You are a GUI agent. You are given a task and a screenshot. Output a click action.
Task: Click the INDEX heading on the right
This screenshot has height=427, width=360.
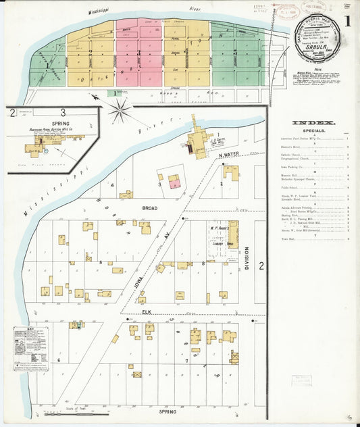[x=314, y=122]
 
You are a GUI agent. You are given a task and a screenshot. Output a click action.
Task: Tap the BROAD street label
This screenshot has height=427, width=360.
[x=150, y=209]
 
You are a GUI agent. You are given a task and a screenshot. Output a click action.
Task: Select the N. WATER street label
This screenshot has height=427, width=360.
[x=230, y=155]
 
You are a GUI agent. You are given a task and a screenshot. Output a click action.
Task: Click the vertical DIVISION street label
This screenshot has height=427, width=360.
[x=247, y=257]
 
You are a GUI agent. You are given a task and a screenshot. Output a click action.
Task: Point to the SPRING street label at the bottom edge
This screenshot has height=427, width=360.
[x=167, y=411]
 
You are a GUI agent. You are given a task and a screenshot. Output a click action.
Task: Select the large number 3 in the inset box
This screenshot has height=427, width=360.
[x=62, y=112]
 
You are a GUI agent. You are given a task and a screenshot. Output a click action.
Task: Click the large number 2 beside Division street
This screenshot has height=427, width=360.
[x=261, y=266]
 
